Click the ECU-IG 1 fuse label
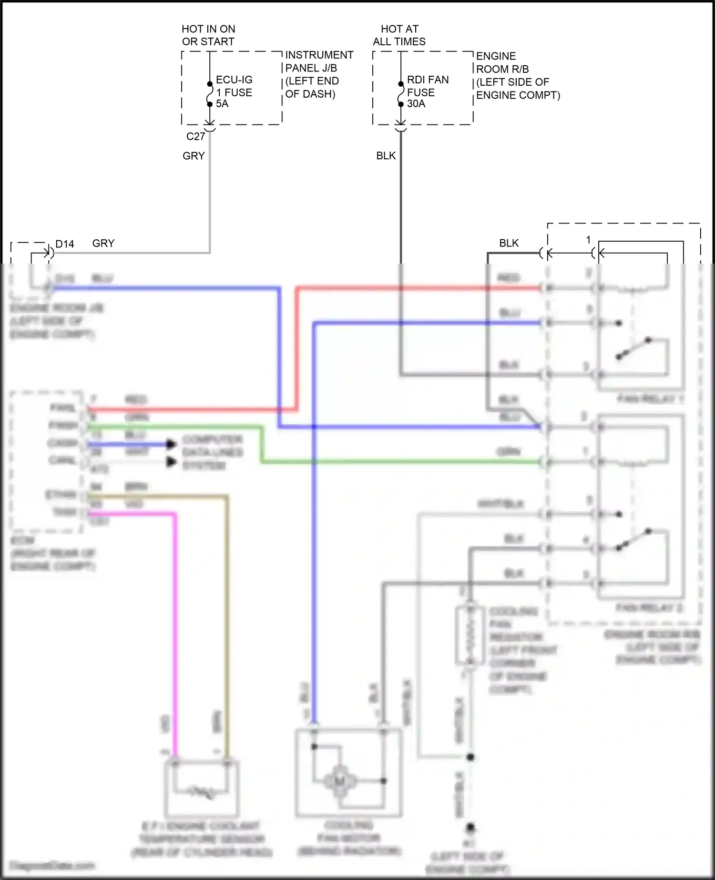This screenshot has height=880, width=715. tap(234, 92)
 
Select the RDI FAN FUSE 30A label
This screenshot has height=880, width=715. tap(427, 92)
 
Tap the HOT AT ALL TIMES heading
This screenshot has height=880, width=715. tap(399, 35)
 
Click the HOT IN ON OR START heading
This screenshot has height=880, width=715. tap(208, 35)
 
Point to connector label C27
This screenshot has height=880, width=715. tap(195, 137)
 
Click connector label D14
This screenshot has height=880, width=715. tap(64, 244)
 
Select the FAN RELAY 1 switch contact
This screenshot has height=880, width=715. tap(633, 348)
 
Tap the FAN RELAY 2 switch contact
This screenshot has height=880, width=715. tap(633, 539)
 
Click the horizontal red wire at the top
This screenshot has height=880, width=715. tap(419, 288)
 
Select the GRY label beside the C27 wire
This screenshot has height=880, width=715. tap(194, 156)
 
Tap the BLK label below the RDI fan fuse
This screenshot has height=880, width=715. tap(386, 156)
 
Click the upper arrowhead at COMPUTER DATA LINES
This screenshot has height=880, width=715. tap(171, 444)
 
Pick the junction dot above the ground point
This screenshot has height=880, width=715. tap(470, 757)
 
